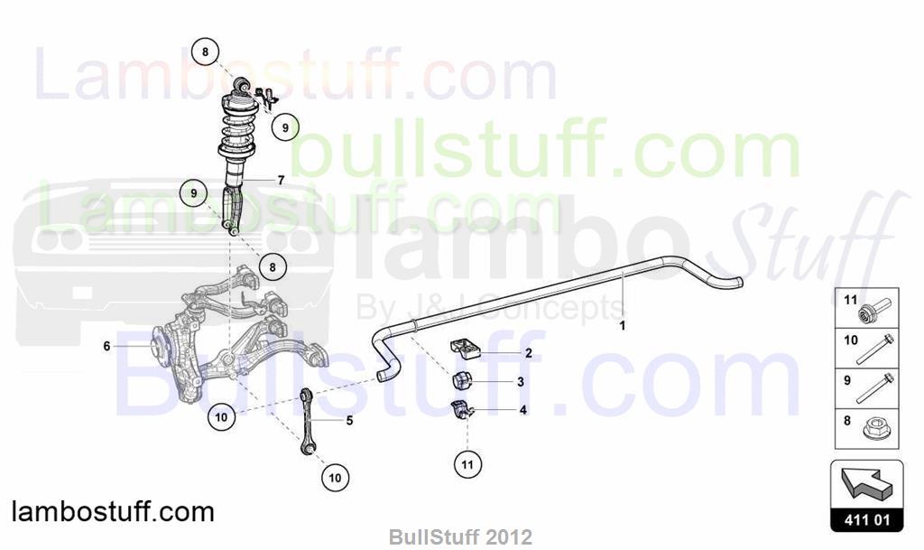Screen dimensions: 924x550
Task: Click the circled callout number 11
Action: pyautogui.click(x=467, y=464)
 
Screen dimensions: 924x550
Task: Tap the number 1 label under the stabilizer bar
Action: pyautogui.click(x=623, y=325)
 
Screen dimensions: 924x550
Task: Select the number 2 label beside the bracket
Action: pyautogui.click(x=529, y=352)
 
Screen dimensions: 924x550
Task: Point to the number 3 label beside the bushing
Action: pyautogui.click(x=521, y=382)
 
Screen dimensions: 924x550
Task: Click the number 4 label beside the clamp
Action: pyautogui.click(x=522, y=410)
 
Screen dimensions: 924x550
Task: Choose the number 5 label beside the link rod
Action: pyautogui.click(x=349, y=420)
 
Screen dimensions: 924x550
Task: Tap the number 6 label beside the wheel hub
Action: pyautogui.click(x=106, y=346)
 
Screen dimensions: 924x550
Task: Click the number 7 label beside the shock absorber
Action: pyautogui.click(x=282, y=180)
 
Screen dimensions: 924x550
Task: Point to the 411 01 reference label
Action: pyautogui.click(x=867, y=520)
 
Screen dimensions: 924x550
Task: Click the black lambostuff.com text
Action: pyautogui.click(x=113, y=512)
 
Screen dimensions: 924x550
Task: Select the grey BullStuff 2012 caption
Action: pyautogui.click(x=460, y=537)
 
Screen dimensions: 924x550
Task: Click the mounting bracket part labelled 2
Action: pyautogui.click(x=466, y=349)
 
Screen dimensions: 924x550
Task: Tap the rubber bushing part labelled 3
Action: pyautogui.click(x=463, y=381)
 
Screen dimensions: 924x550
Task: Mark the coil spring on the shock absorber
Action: pyautogui.click(x=237, y=130)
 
